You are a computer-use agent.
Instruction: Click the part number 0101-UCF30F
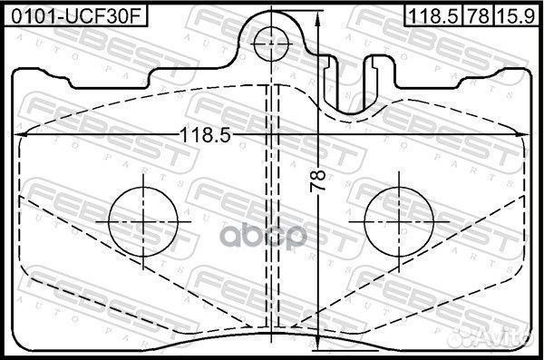coord(76,16)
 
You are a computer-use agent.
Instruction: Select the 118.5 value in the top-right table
coord(433,16)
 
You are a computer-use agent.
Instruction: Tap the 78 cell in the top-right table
coord(478,16)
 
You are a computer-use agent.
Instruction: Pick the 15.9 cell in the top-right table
coord(516,16)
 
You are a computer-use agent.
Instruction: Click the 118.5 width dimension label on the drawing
coord(206,135)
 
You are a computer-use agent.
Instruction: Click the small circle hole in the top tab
coord(271,44)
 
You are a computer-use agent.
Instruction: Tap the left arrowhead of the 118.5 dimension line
coord(21,134)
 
